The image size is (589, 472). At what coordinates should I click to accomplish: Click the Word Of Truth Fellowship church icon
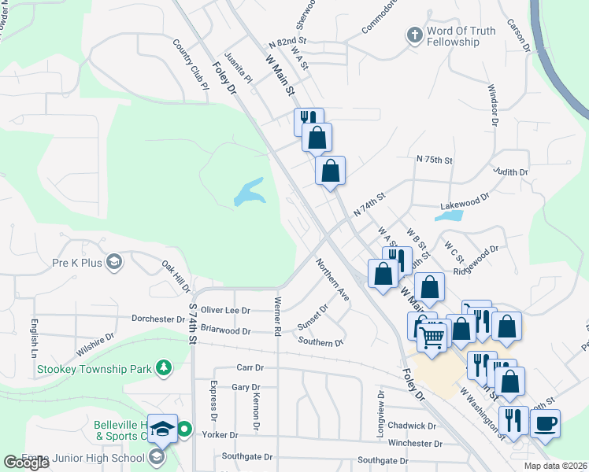point(414,35)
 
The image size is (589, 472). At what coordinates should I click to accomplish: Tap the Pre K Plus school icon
point(114,262)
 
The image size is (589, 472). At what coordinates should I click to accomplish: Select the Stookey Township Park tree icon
point(163,367)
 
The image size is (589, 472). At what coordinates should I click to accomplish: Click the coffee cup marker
point(545,423)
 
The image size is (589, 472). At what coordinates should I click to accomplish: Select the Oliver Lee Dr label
point(225,311)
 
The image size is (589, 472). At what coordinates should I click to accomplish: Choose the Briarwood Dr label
point(225,331)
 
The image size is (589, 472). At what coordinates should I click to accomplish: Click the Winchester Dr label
point(416,443)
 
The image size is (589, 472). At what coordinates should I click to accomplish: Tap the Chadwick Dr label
point(412,426)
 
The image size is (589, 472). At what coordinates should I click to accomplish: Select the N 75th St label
point(435,160)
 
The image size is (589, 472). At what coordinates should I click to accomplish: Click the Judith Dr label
point(511,171)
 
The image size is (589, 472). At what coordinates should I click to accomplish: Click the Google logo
point(26,463)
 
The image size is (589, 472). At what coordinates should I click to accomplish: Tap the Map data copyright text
point(554,466)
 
